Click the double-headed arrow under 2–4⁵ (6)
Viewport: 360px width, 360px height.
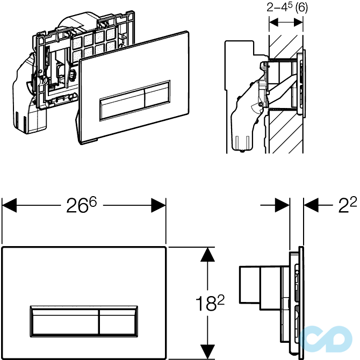tap(286, 23)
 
